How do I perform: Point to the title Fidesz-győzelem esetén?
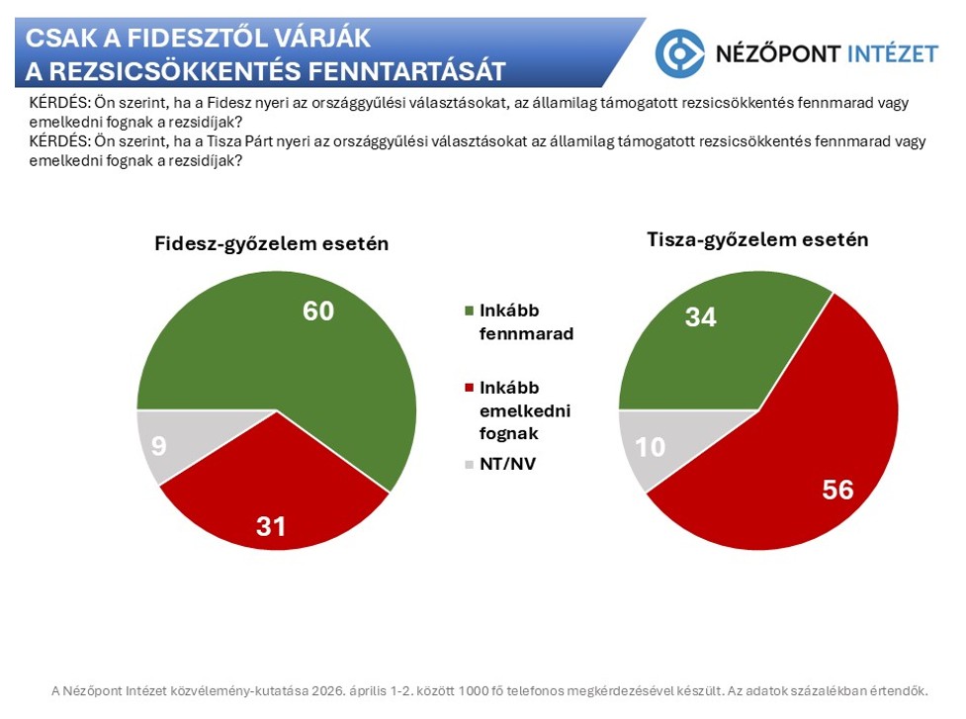271,244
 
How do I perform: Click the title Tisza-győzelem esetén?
757,239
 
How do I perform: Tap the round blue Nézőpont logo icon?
680,53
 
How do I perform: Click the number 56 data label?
837,491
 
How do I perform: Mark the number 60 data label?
318,312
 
